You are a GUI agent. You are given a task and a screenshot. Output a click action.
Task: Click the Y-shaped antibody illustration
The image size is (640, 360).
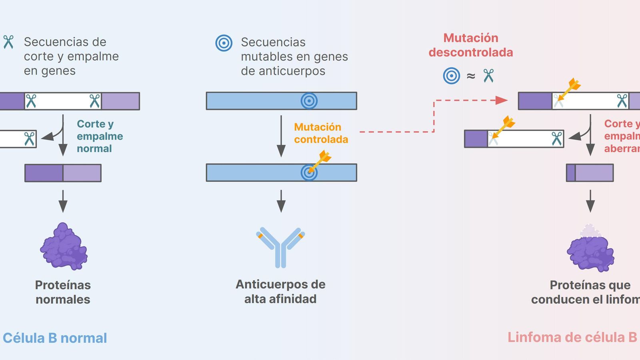(281, 247)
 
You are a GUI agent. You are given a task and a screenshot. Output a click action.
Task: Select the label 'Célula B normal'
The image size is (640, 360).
(55, 338)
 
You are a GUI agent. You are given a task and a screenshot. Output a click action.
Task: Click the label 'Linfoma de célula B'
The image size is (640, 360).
(572, 337)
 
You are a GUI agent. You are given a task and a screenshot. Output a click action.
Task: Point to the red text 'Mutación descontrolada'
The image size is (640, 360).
(471, 45)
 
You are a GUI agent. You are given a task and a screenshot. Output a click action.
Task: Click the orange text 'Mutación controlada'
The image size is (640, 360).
(321, 133)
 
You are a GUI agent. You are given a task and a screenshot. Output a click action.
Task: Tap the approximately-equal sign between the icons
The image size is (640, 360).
(471, 76)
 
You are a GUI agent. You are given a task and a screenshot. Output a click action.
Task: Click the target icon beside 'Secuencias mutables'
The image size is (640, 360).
(224, 43)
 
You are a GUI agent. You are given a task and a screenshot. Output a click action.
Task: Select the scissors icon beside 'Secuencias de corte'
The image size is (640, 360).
(8, 42)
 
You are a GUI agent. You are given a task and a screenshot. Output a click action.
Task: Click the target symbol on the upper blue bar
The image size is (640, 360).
(309, 101)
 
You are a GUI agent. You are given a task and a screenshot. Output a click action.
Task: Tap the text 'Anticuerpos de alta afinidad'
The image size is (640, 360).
(280, 291)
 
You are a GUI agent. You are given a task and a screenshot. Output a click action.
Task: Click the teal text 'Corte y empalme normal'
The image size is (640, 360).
(100, 136)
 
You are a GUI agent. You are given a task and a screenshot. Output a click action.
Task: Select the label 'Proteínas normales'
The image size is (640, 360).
(63, 292)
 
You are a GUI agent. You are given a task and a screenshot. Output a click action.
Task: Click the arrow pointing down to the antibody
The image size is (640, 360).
(281, 201)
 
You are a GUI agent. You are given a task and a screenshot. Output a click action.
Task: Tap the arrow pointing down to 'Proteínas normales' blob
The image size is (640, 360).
(63, 201)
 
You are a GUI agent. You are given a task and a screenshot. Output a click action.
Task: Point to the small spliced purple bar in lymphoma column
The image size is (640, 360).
(590, 173)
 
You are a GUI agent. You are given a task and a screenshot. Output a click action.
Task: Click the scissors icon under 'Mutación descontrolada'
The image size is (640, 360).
(488, 76)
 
